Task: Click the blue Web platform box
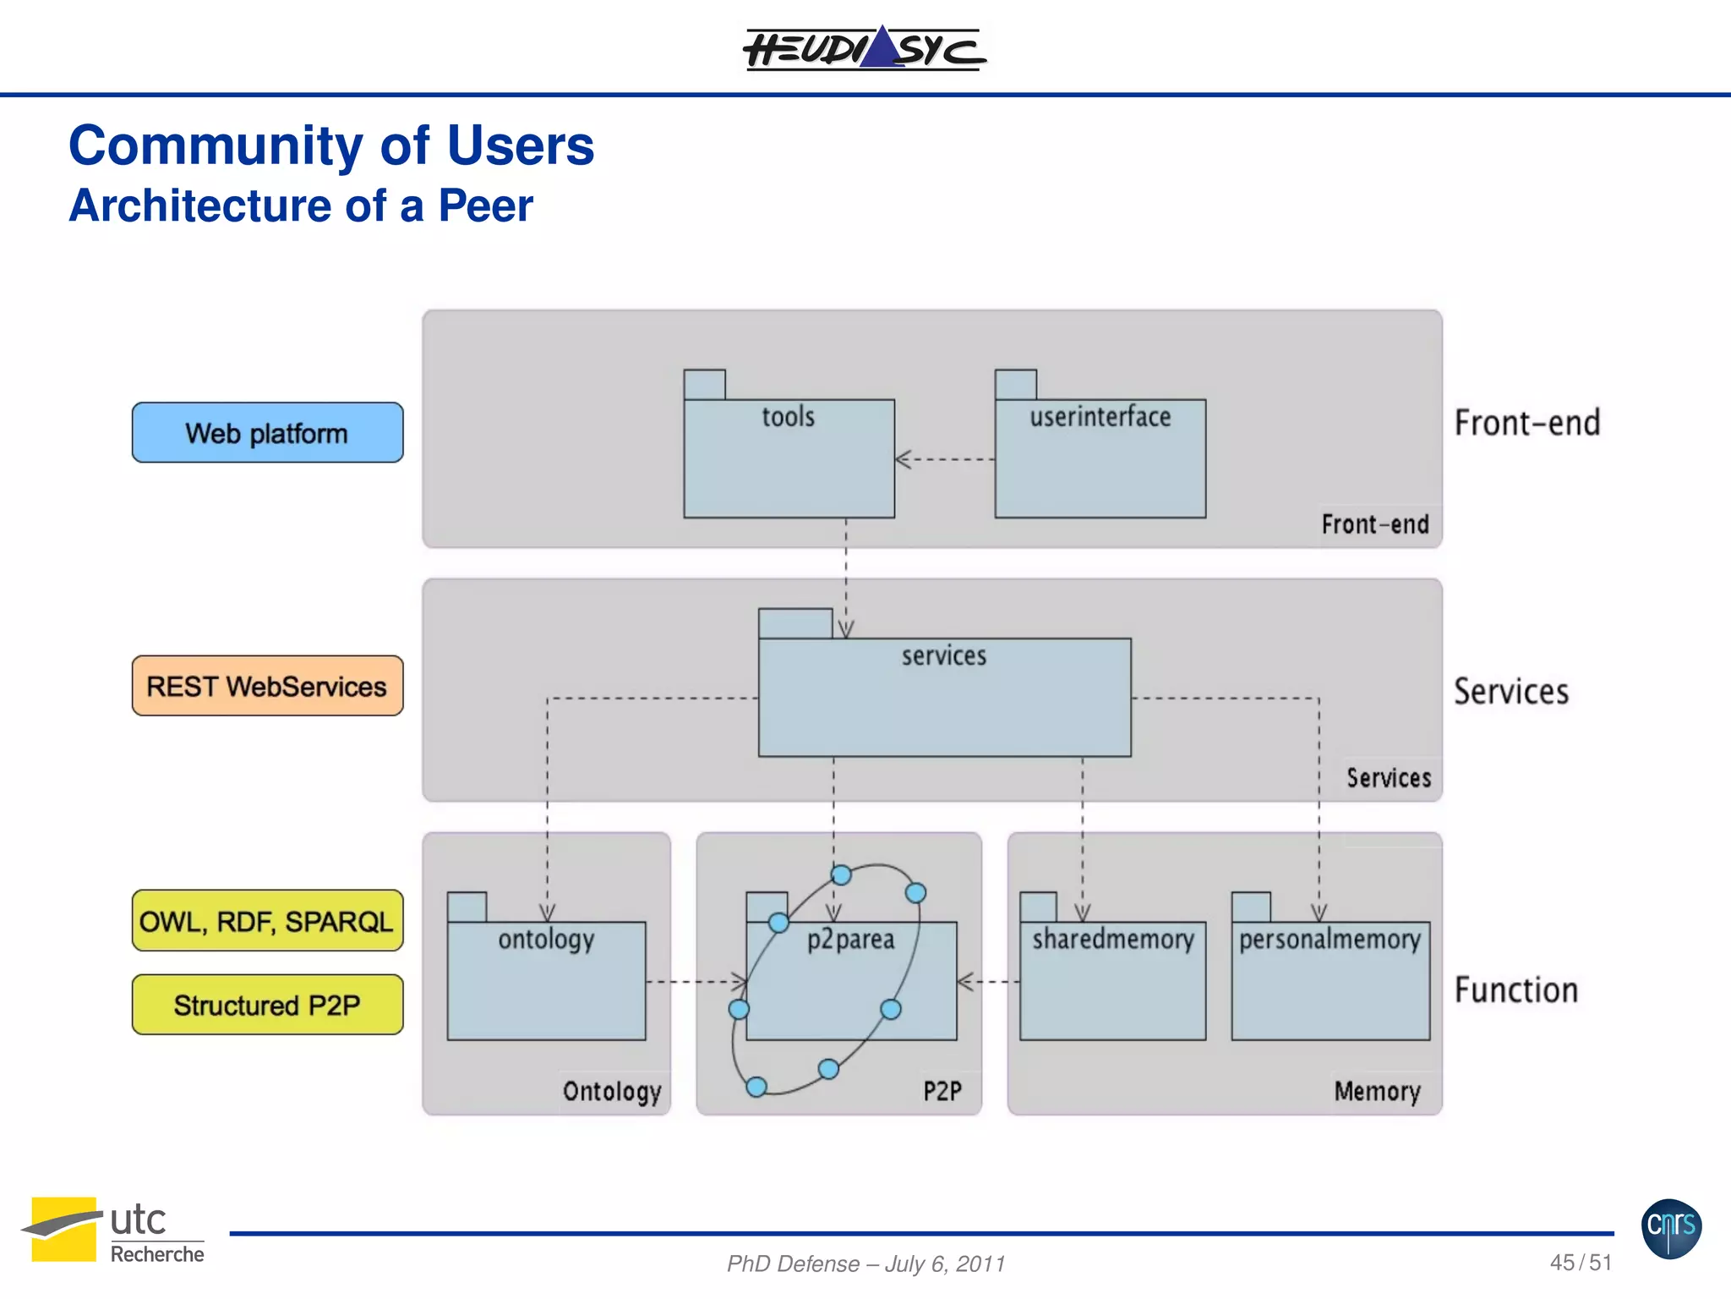click(x=267, y=433)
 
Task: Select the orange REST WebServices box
click(x=267, y=686)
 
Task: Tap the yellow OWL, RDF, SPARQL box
click(x=267, y=921)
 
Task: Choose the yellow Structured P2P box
click(x=267, y=1005)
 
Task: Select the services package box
click(x=944, y=697)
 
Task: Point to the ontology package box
click(x=546, y=981)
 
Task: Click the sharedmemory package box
click(x=1112, y=981)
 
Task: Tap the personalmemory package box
click(x=1330, y=981)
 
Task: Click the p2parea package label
click(x=850, y=940)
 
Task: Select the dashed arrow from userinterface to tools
click(x=944, y=460)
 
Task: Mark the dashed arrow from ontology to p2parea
click(x=696, y=982)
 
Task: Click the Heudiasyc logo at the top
click(x=864, y=49)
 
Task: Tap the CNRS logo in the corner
click(x=1671, y=1228)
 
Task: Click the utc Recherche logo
click(x=114, y=1230)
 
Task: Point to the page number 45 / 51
click(x=1581, y=1263)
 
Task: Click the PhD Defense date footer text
click(x=865, y=1263)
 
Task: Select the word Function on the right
click(x=1516, y=990)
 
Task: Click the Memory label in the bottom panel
click(x=1377, y=1091)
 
